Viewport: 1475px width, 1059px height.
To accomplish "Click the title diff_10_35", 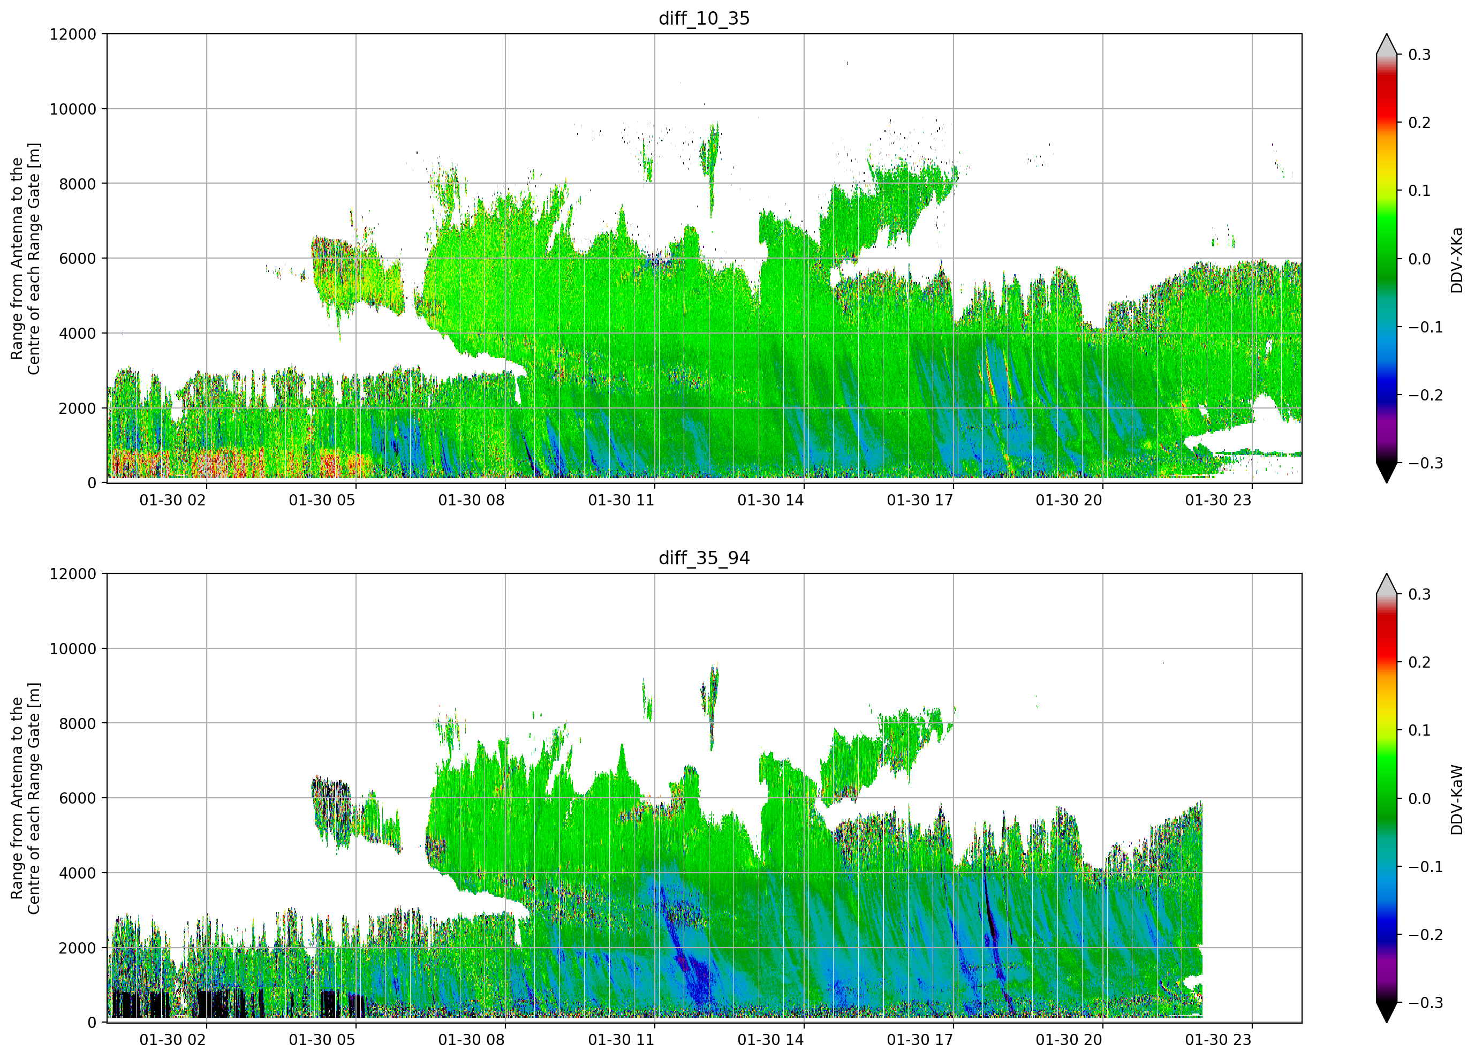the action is (x=705, y=18).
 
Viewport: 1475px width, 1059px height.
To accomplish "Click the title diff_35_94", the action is (x=705, y=558).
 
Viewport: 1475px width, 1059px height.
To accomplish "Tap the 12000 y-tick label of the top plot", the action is (x=73, y=34).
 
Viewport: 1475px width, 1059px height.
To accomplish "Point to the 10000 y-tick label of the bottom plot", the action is (x=73, y=648).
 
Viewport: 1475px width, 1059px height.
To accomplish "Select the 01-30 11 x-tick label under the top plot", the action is (x=621, y=500).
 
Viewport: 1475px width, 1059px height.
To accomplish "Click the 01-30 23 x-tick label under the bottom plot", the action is (x=1218, y=1040).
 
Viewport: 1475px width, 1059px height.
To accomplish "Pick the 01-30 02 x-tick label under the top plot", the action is (x=173, y=500).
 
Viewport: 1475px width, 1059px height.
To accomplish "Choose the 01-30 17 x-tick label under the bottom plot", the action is (x=920, y=1040).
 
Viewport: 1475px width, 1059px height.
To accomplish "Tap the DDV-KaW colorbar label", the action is (x=1456, y=799).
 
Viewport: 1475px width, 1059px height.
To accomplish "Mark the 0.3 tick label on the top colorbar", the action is (x=1420, y=55).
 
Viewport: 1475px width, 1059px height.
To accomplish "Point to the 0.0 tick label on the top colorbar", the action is (x=1420, y=259).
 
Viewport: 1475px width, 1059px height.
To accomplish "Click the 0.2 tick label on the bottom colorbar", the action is (x=1420, y=662).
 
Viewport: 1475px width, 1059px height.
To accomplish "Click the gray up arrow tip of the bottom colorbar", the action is (x=1387, y=574).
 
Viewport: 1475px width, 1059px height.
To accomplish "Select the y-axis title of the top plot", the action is (x=25, y=259).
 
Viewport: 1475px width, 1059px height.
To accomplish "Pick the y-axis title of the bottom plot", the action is (x=25, y=798).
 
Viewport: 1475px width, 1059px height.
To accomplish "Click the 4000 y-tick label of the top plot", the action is (x=78, y=334).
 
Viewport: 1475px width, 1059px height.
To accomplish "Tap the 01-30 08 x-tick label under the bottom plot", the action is (x=472, y=1040).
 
